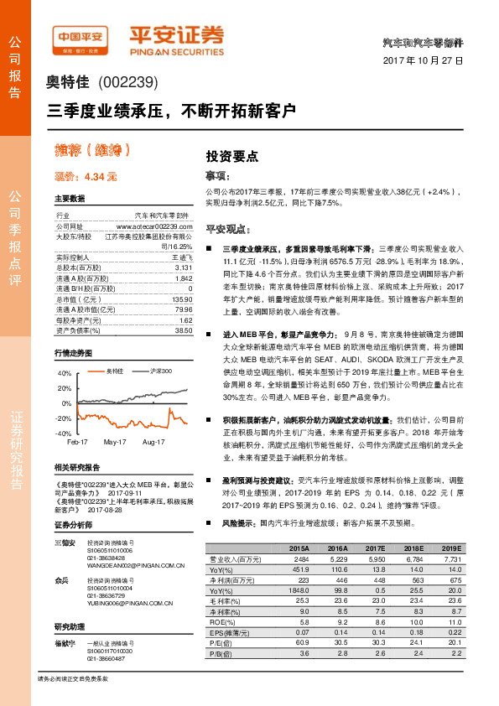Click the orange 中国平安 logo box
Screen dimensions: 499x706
tap(81, 37)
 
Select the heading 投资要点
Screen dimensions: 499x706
tap(231, 156)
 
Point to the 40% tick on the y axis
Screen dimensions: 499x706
tap(65, 371)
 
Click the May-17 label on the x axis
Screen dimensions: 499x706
tap(115, 441)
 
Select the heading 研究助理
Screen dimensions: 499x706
tap(70, 626)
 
